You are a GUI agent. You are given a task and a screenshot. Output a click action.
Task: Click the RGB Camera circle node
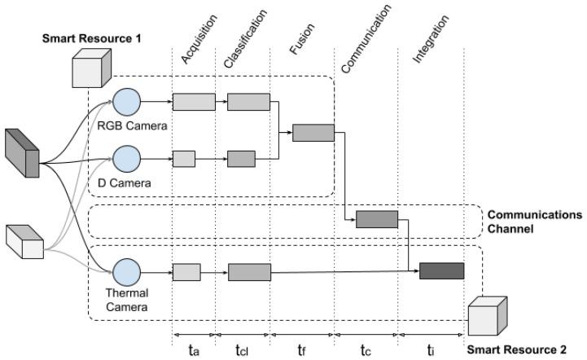(126, 102)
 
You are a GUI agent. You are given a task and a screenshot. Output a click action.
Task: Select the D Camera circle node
(126, 159)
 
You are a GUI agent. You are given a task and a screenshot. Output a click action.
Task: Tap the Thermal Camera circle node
(126, 272)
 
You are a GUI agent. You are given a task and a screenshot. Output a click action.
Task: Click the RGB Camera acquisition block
(193, 102)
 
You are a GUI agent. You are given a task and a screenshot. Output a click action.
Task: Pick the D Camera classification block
(241, 159)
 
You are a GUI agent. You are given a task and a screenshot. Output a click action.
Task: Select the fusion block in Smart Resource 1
(313, 133)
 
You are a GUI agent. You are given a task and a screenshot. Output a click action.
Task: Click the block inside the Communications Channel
(376, 218)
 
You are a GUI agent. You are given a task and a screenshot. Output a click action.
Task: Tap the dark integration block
(441, 271)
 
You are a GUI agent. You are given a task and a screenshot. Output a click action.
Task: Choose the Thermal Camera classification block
(249, 272)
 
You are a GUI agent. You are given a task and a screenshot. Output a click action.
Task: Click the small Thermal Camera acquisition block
(186, 272)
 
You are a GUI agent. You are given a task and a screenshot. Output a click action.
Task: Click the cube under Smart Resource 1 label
(90, 68)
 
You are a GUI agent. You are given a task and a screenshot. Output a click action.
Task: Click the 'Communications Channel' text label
(533, 222)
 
